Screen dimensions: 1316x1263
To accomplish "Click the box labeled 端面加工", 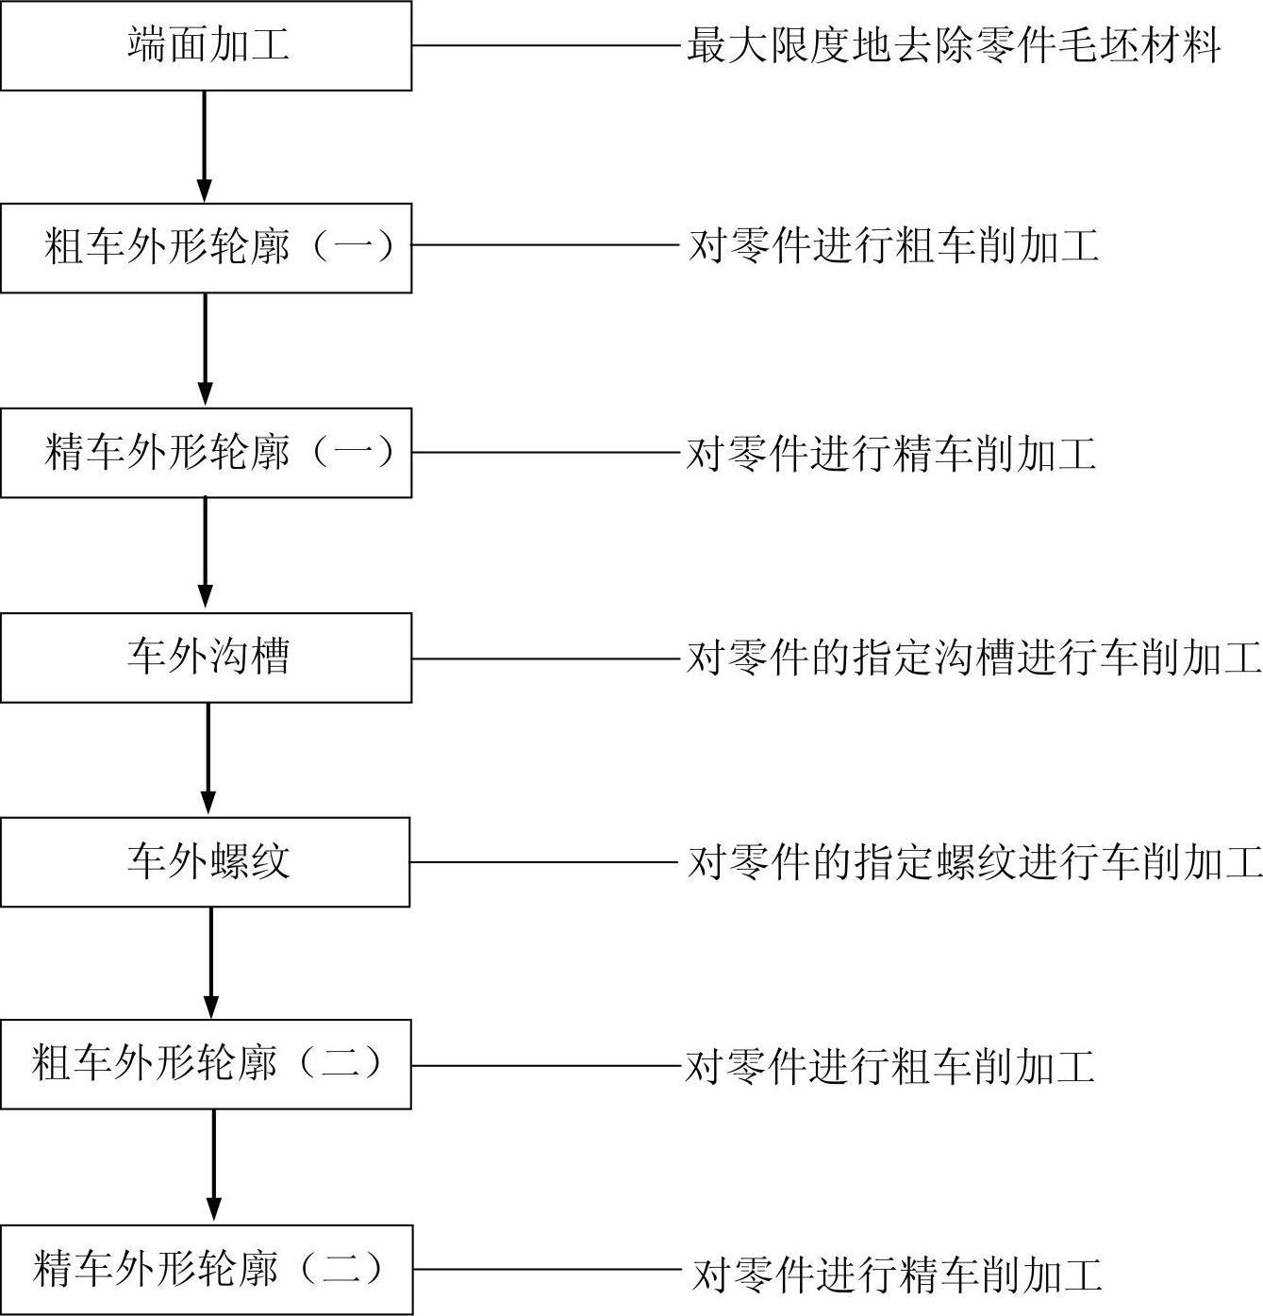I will coord(206,45).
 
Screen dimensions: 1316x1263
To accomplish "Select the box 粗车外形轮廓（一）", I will coord(206,247).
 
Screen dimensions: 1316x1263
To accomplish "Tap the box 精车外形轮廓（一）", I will coord(206,453).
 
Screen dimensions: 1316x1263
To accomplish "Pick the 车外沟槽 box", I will coord(206,658).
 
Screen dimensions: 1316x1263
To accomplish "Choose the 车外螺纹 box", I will coord(206,862).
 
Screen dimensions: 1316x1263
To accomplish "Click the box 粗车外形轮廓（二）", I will coord(206,1064).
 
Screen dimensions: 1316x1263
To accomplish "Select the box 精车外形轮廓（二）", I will coord(206,1270).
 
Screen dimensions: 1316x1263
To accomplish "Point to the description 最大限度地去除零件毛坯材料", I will coord(954,45).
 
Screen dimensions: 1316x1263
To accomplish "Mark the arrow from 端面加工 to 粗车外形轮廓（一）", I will coord(204,146).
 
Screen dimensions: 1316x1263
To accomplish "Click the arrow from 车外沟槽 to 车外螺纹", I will coord(208,759).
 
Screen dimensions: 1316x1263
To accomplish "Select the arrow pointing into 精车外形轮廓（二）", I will coord(214,1166).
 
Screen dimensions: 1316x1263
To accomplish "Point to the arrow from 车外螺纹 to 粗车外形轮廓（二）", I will coord(211,963).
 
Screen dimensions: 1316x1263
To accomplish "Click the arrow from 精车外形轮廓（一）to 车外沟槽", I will coord(206,555).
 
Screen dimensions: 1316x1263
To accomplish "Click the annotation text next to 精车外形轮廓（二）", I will coord(896,1274).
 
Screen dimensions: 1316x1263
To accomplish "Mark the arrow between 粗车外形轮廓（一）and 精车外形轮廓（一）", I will coord(206,350).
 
